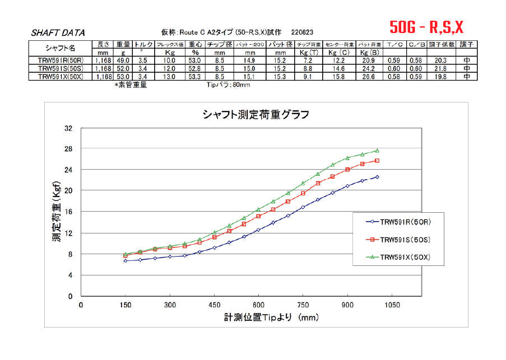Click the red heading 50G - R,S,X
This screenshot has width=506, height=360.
426,27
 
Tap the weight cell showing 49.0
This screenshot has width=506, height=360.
123,60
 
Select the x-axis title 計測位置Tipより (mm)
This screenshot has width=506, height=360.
271,317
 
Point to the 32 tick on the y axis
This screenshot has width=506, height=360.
69,128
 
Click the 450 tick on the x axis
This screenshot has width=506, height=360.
214,305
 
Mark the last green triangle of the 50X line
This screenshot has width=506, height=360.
377,150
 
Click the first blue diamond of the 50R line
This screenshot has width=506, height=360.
126,261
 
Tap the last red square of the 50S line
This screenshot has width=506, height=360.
377,161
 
